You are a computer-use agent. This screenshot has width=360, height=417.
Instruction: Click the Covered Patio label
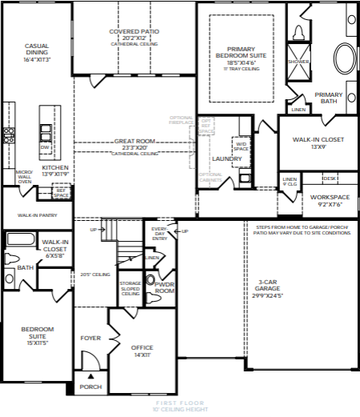pyautogui.click(x=134, y=32)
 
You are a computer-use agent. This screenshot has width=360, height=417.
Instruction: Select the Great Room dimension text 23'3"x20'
pyautogui.click(x=134, y=147)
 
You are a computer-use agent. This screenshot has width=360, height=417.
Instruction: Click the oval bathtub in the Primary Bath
pyautogui.click(x=345, y=59)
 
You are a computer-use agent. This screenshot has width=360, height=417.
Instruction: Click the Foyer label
pyautogui.click(x=90, y=338)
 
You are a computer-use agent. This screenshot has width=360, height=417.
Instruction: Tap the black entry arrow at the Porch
pyautogui.click(x=90, y=375)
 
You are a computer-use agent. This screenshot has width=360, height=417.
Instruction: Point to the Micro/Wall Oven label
pyautogui.click(x=24, y=176)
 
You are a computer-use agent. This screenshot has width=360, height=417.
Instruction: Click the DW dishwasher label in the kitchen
pyautogui.click(x=45, y=147)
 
